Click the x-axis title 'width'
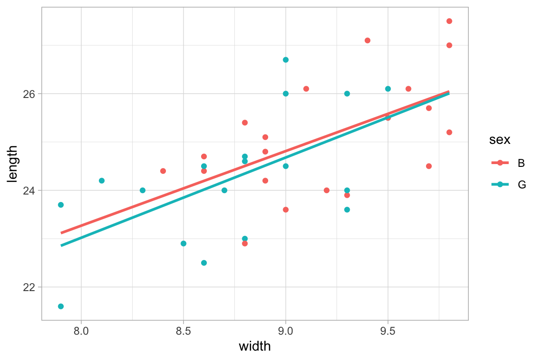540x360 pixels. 255,347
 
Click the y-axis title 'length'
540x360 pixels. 13,164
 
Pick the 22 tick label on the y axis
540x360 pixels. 29,287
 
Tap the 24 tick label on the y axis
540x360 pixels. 29,190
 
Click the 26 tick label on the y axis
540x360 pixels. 29,94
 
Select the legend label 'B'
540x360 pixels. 521,163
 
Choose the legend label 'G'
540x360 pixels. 521,185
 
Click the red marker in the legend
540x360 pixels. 500,163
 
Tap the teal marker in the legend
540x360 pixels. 500,185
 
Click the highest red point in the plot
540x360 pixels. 449,21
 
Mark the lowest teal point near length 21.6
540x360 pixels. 61,306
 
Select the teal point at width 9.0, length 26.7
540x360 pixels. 285,60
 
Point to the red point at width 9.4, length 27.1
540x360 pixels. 367,40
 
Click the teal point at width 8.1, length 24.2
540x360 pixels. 102,180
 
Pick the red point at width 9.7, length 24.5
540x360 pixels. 428,166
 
